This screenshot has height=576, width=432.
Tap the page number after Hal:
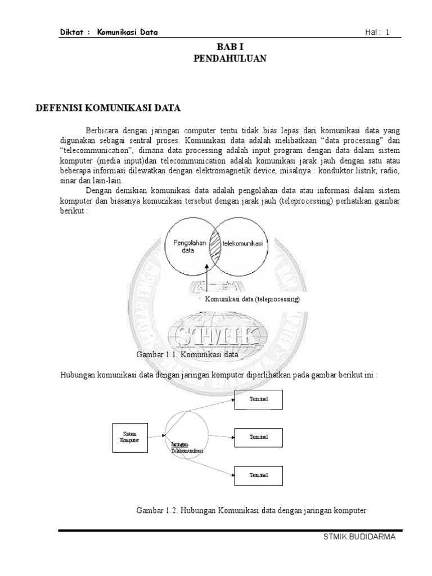pyautogui.click(x=388, y=33)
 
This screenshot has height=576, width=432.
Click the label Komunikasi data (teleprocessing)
pyautogui.click(x=252, y=299)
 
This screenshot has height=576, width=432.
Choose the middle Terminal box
pyautogui.click(x=259, y=436)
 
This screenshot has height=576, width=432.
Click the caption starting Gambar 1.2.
pyautogui.click(x=251, y=511)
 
